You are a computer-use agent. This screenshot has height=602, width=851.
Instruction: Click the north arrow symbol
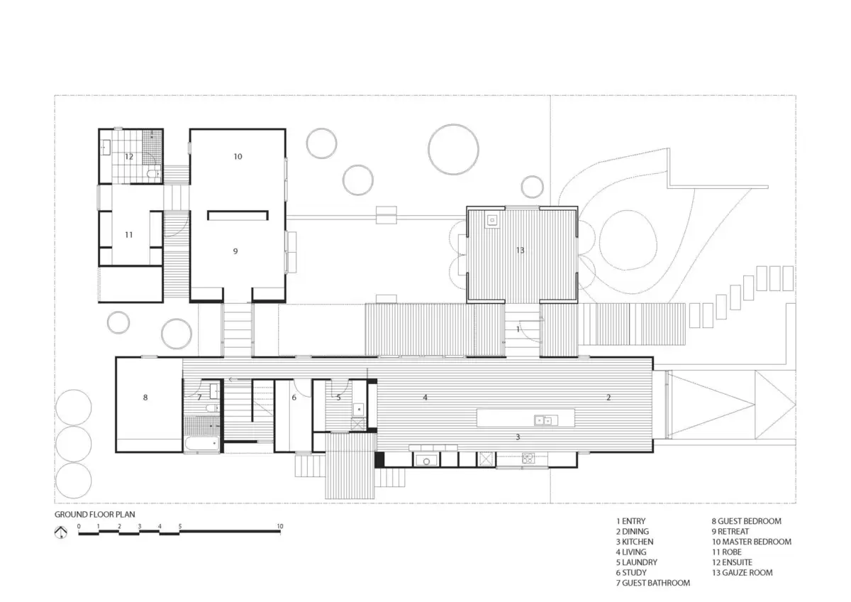(x=61, y=532)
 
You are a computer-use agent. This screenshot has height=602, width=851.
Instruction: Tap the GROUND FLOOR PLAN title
(x=94, y=515)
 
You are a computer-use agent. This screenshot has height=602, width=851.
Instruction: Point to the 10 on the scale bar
(x=280, y=526)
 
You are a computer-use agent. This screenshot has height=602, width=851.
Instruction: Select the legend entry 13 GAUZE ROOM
(x=742, y=572)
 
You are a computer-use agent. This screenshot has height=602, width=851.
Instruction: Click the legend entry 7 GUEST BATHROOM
(x=653, y=583)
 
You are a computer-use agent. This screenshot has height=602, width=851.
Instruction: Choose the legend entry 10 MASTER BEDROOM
(x=752, y=542)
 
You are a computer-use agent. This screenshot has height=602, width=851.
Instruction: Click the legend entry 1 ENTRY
(x=630, y=521)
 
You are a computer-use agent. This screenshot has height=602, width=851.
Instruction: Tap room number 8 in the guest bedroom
(x=145, y=398)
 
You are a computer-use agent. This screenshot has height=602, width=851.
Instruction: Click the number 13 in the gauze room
(x=520, y=250)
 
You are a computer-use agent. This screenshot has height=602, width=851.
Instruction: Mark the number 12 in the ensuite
(x=129, y=156)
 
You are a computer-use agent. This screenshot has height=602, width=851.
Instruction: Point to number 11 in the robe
(x=129, y=235)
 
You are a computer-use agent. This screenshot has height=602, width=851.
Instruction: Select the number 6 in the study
(x=294, y=398)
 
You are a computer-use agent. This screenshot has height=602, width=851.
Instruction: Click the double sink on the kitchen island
(x=546, y=420)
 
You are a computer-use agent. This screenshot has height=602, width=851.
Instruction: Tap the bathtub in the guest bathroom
(x=201, y=444)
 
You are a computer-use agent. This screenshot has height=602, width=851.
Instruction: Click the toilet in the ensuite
(x=153, y=174)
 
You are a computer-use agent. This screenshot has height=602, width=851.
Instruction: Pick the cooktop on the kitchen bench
(x=528, y=459)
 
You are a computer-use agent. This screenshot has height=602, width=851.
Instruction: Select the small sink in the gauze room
(x=492, y=220)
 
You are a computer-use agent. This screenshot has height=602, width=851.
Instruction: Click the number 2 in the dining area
(x=608, y=398)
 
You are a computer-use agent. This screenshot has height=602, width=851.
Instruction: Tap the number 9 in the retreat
(x=235, y=251)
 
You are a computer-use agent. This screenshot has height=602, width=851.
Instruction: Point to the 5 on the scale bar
(x=179, y=526)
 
